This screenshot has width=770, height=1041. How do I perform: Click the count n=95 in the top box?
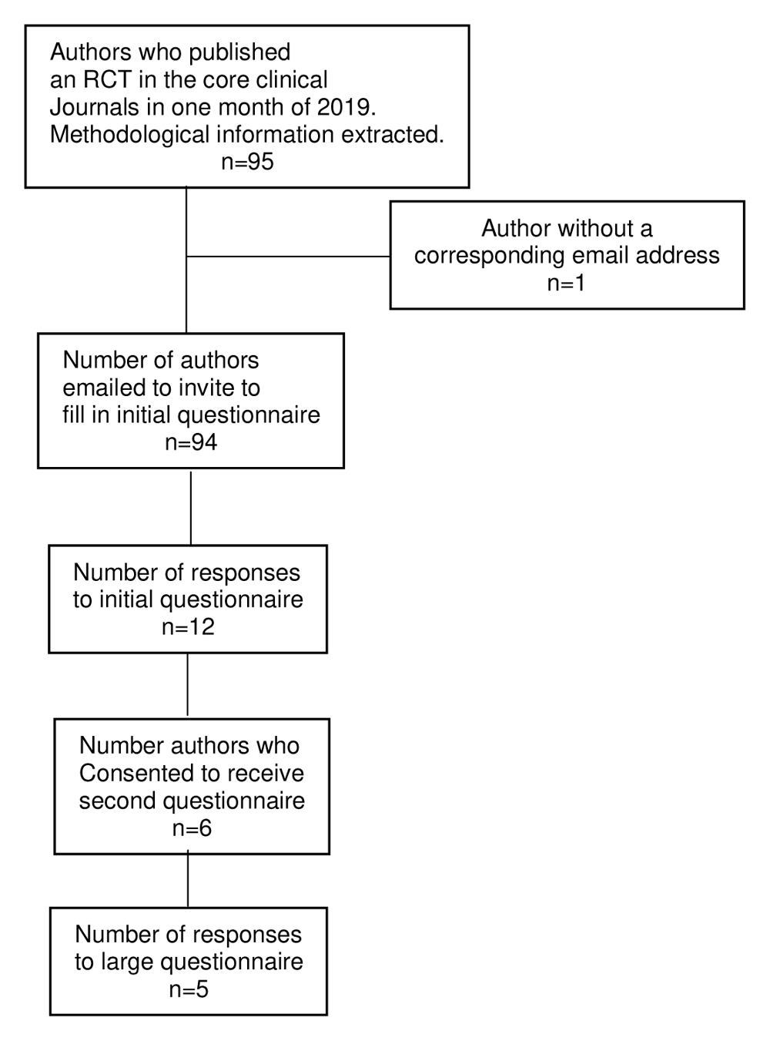247,162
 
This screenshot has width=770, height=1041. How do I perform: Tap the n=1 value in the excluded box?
566,283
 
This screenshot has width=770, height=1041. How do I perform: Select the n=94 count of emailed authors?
191,442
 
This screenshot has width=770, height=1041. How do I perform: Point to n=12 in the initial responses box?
188,626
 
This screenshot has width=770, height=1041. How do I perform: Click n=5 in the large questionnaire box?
189,989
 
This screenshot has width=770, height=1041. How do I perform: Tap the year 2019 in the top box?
346,107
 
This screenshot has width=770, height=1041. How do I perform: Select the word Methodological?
129,135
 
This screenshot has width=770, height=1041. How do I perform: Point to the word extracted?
392,135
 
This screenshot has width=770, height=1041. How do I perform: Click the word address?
678,255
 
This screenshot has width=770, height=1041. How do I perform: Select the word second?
117,801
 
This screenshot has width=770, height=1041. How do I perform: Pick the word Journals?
94,107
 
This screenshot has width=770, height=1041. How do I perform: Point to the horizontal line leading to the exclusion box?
288,257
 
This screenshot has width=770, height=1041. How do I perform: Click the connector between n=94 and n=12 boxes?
190,509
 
